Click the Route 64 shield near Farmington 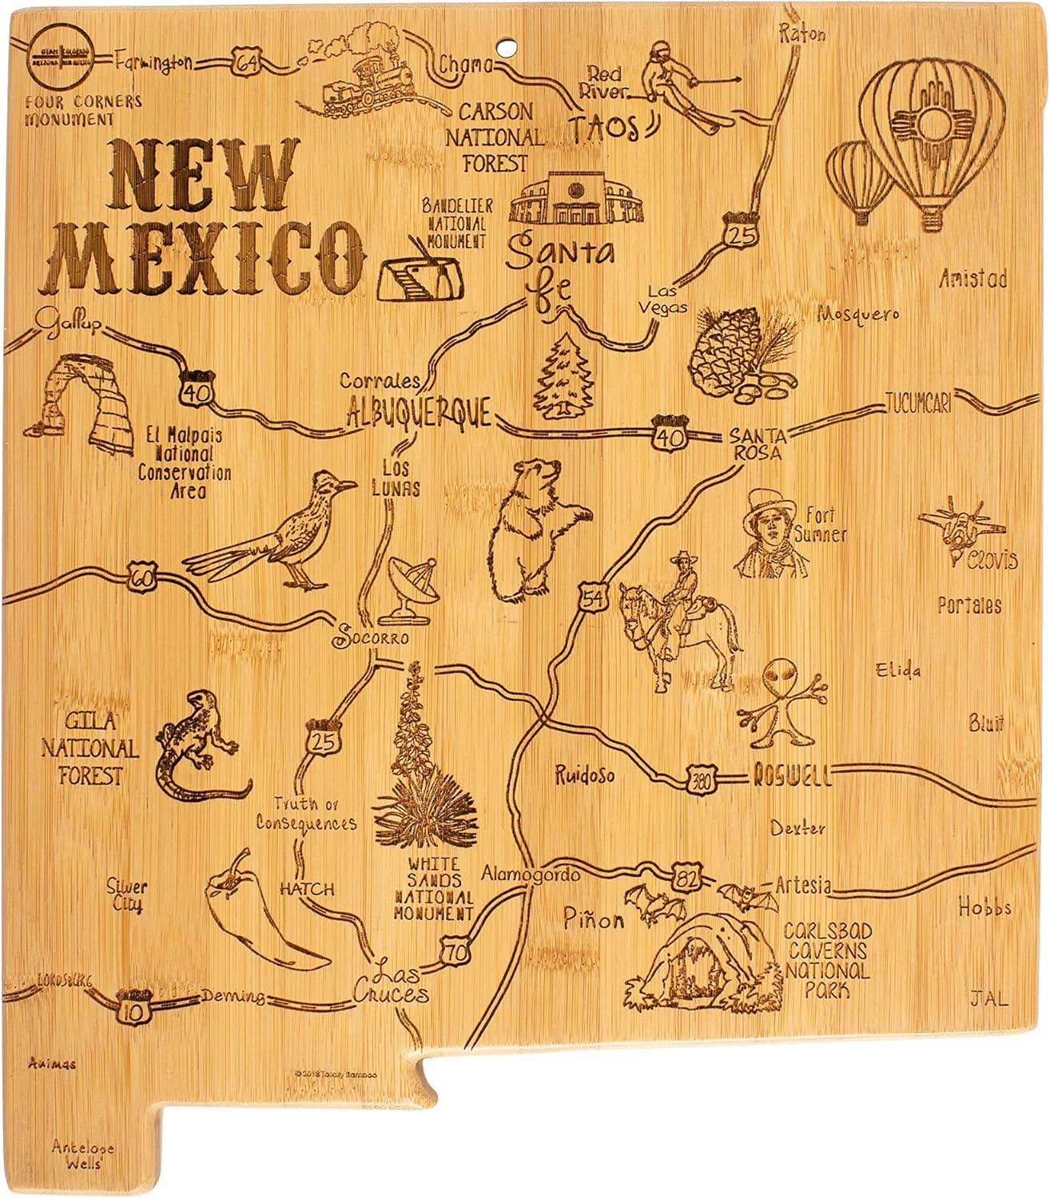coord(243,63)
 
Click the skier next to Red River coord(679,83)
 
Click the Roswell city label coord(791,774)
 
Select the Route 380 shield coord(701,776)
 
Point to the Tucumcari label coord(918,404)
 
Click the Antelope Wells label coord(83,1155)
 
